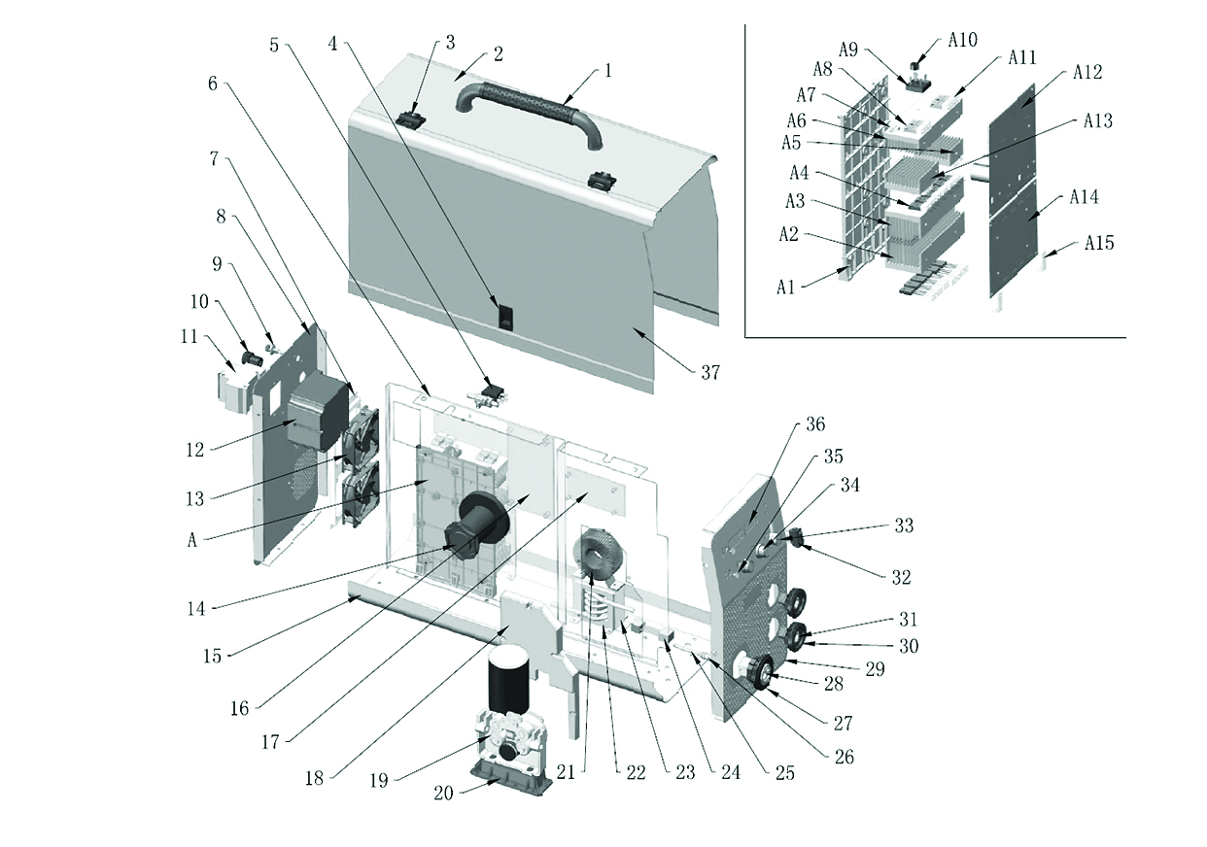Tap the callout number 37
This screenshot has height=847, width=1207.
pyautogui.click(x=710, y=372)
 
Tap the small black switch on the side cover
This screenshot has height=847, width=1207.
pyautogui.click(x=505, y=316)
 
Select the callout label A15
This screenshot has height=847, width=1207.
pyautogui.click(x=1099, y=243)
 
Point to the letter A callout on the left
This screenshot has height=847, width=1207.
pyautogui.click(x=191, y=540)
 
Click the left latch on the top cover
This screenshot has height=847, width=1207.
pyautogui.click(x=411, y=119)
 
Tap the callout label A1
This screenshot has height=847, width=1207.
pyautogui.click(x=786, y=287)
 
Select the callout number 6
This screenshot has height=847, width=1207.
pyautogui.click(x=212, y=84)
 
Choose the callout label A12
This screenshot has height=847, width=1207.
pyautogui.click(x=1089, y=73)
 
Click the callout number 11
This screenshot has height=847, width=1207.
pyautogui.click(x=189, y=337)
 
